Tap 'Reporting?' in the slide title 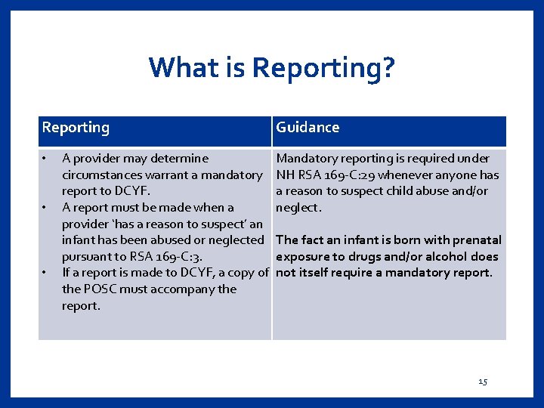[323, 68]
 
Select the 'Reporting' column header [76, 128]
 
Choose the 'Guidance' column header [308, 128]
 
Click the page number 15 [483, 382]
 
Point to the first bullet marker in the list [45, 159]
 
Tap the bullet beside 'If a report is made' [45, 273]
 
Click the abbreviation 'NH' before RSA [286, 175]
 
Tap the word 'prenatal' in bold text [476, 240]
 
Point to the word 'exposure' [301, 257]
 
